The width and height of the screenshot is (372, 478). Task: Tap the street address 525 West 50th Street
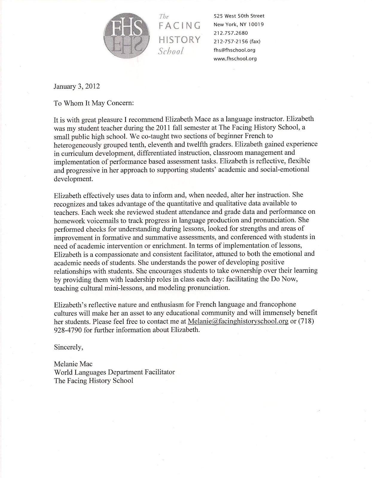239,16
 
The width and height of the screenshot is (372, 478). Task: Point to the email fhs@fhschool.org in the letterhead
234,50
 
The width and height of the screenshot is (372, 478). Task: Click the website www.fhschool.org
235,59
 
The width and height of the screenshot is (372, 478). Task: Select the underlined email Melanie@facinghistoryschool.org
238,321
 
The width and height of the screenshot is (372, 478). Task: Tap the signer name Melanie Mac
73,364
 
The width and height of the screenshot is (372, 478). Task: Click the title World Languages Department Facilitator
114,372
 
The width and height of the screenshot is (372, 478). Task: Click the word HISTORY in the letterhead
179,39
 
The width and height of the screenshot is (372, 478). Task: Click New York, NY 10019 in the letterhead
239,24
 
